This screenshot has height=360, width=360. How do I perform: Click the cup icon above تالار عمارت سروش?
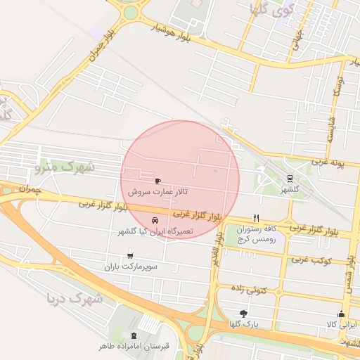[157, 181]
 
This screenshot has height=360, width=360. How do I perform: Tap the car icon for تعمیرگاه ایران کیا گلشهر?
[155, 219]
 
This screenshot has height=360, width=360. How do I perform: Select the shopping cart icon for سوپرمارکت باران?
[130, 255]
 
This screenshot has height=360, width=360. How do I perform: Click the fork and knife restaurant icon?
[256, 218]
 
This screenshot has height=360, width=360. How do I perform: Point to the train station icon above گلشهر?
[290, 178]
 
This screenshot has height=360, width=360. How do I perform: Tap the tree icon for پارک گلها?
[244, 313]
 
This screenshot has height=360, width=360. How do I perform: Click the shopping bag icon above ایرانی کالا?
[342, 313]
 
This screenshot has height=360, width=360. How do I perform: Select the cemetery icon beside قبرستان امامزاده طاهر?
[134, 335]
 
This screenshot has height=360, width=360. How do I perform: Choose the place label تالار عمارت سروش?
[157, 191]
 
